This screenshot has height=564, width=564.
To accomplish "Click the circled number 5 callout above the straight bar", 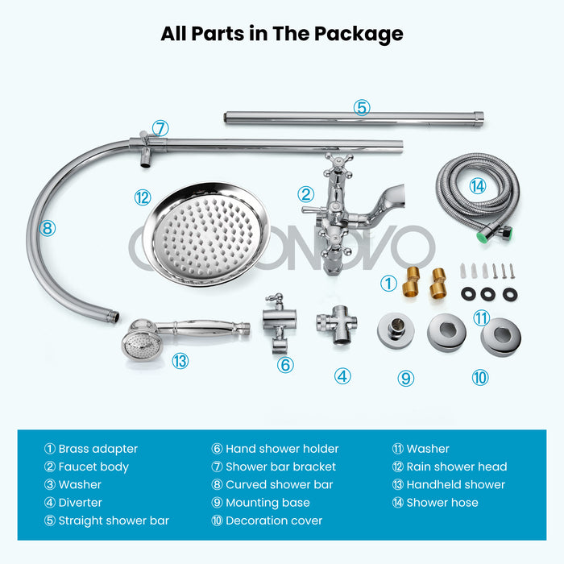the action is pos(362,107).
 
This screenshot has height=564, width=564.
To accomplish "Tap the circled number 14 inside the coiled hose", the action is pos(477,186).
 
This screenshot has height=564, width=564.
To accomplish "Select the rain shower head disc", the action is pos(206,234).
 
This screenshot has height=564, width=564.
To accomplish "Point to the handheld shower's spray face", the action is pos(138,346).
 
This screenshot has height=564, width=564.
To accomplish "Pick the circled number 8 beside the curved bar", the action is pos(48,228).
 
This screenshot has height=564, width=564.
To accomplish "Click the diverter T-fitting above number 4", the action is pos(337,325).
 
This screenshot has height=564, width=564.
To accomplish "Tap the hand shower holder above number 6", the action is pos(279,322).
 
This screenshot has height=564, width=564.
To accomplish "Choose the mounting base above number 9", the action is pos(396,330).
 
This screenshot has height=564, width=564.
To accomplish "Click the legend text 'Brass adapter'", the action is pos(97,449).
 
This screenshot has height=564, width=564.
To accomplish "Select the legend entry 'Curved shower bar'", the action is pos(279,484).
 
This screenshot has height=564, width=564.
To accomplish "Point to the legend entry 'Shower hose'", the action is pos(442,503).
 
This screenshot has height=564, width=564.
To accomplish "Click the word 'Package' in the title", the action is pos(359,34).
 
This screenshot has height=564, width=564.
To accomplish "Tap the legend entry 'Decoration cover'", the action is pos(274,520).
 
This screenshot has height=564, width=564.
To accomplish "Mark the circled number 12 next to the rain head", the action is pos(143,197).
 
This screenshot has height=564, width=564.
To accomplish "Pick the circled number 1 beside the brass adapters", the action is pos(388,284).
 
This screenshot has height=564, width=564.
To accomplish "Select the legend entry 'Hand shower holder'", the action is pos(282,449).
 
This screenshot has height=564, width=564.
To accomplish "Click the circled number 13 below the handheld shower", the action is pos(180,361).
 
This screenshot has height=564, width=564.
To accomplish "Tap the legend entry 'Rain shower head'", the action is pos(457,467).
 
